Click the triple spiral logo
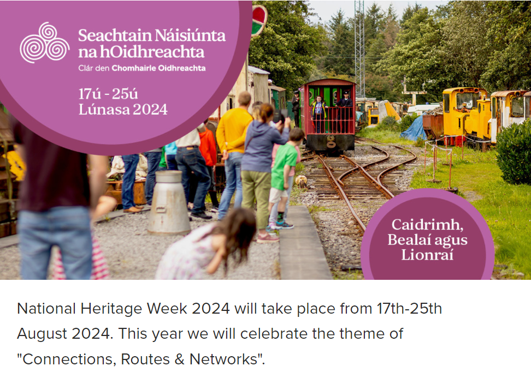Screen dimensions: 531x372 [44, 43]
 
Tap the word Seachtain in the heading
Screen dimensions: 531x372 [115, 35]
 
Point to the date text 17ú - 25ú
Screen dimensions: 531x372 [108, 94]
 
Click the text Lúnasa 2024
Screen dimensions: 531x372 [123, 109]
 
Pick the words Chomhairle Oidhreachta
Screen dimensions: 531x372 [158, 68]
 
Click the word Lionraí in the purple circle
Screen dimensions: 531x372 [427, 255]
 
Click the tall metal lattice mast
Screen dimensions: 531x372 [359, 49]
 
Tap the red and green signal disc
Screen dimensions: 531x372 [259, 20]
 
